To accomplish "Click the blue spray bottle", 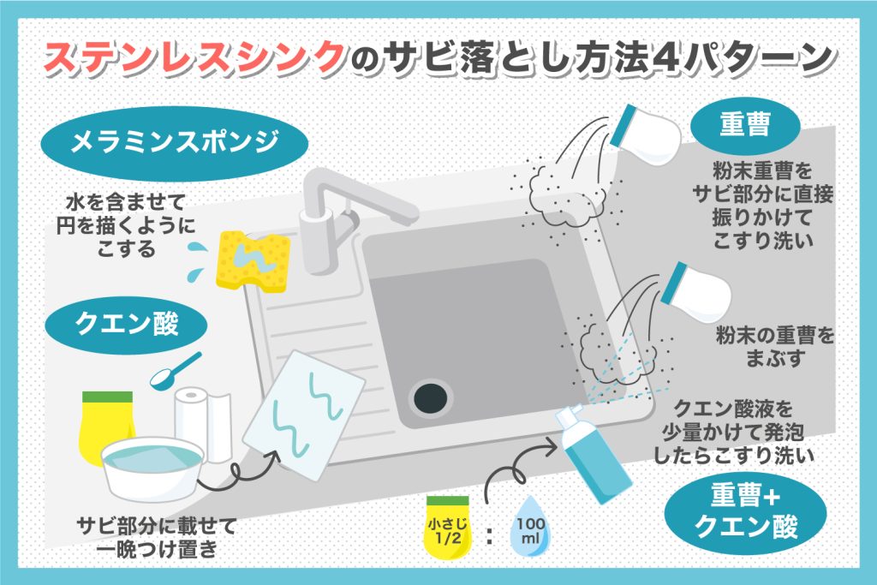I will (x=590, y=458).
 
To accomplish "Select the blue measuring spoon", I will (x=176, y=367).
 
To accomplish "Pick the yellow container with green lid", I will (x=107, y=424).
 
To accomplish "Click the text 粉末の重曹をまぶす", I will (x=774, y=346).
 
